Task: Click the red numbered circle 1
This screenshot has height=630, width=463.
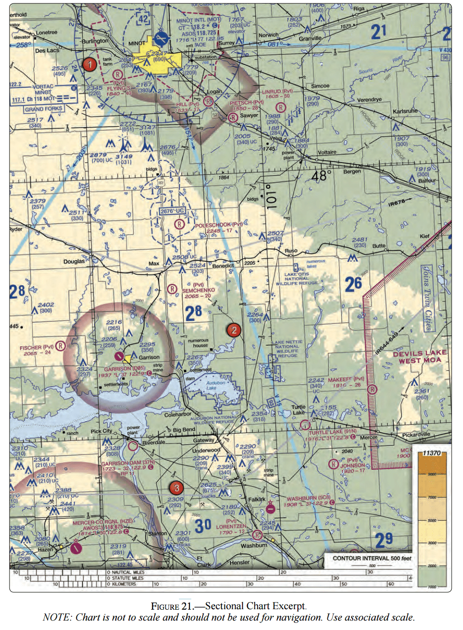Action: [89, 64]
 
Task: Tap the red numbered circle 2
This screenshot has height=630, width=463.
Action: [233, 330]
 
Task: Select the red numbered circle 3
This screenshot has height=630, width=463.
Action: [176, 488]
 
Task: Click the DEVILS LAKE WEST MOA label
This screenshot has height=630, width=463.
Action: [419, 357]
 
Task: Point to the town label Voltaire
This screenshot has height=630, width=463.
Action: [327, 152]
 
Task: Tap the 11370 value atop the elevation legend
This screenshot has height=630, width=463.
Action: [431, 453]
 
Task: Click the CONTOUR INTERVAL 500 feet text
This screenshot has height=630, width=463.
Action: [372, 558]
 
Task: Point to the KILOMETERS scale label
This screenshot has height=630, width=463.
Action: [124, 584]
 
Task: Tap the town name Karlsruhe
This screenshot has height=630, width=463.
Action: [405, 112]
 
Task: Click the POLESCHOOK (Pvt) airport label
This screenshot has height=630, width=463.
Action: [218, 225]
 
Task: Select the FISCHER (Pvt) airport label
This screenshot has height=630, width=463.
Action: [36, 348]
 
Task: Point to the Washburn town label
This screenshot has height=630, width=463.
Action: [254, 545]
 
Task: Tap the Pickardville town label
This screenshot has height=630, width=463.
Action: [416, 434]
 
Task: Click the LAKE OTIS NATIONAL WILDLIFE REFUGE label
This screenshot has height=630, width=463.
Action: [297, 279]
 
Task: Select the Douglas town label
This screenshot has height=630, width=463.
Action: [74, 261]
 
